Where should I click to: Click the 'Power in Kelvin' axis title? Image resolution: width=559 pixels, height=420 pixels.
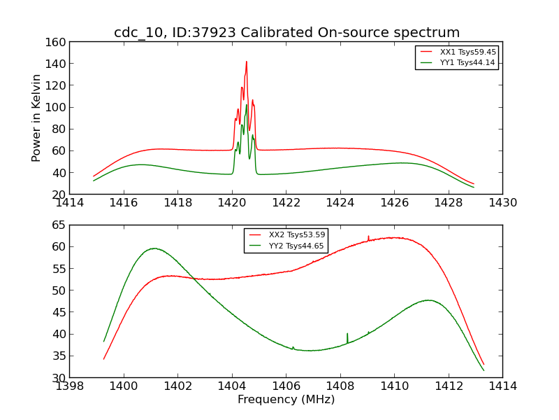click(x=36, y=118)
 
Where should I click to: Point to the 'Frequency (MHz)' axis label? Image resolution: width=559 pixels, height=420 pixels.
click(x=286, y=400)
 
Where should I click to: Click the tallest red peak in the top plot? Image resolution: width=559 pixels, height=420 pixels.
click(x=246, y=62)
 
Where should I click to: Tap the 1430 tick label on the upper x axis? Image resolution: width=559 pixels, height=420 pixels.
click(x=502, y=203)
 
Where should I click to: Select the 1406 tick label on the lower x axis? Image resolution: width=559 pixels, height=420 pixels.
click(x=286, y=386)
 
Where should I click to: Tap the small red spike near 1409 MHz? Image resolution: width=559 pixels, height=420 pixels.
click(x=368, y=237)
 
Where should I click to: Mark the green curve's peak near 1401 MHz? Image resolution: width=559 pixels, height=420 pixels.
click(x=154, y=248)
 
